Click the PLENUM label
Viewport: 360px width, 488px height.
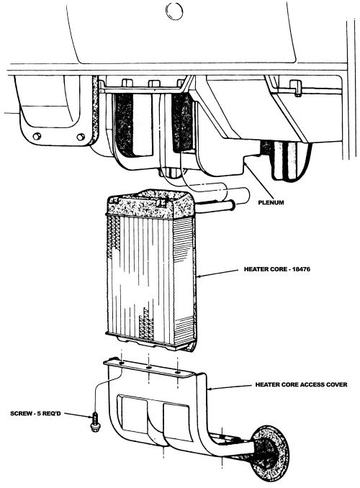(271, 202)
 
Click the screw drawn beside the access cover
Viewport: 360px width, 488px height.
(94, 422)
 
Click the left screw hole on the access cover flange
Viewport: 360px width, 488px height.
(122, 363)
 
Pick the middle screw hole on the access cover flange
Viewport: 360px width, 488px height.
(149, 368)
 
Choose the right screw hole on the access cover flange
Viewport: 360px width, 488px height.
(178, 372)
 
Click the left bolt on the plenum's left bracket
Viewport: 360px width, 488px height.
(37, 136)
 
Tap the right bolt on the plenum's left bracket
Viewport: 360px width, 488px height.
(81, 137)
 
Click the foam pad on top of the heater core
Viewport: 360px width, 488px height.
(150, 203)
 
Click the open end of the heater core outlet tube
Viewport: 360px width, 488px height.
(232, 205)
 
